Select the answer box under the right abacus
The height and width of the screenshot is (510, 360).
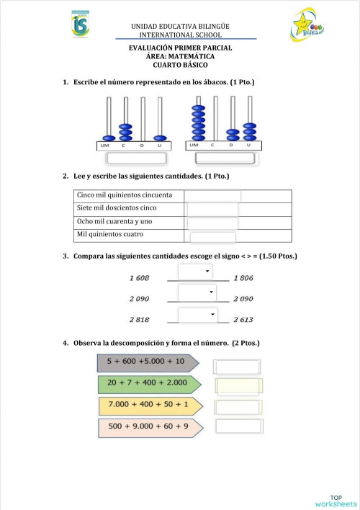(224, 158)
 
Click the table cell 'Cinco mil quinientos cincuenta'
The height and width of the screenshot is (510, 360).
(129, 196)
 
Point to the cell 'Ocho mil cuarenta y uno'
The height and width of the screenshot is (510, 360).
(129, 222)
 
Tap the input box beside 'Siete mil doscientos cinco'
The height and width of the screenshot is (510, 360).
(212, 209)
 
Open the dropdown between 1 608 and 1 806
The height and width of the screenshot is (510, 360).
(195, 271)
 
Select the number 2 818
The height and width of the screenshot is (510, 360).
(139, 320)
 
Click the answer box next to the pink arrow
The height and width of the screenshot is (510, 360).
(238, 426)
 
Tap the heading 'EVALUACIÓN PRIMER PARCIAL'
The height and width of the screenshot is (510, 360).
(180, 48)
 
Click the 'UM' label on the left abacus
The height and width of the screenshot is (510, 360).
(104, 146)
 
